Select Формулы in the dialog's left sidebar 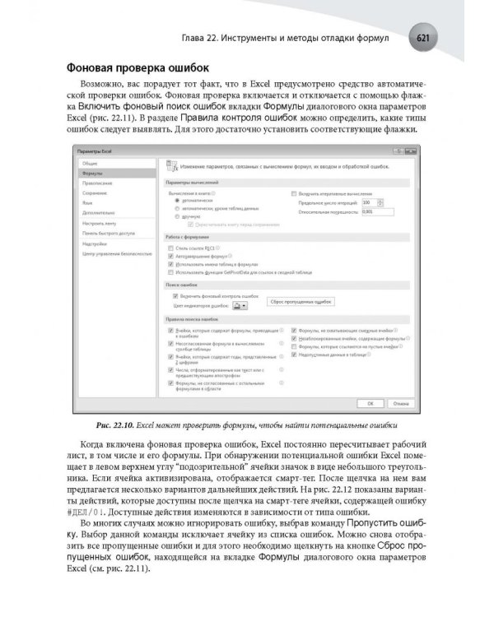[91, 174]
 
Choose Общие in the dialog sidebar [90, 165]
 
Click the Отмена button [399, 403]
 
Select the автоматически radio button [176, 200]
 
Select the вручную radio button [176, 216]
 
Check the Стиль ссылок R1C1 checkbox [170, 248]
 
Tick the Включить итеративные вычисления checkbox [294, 193]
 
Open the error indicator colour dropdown [240, 304]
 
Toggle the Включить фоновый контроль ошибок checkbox [170, 295]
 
